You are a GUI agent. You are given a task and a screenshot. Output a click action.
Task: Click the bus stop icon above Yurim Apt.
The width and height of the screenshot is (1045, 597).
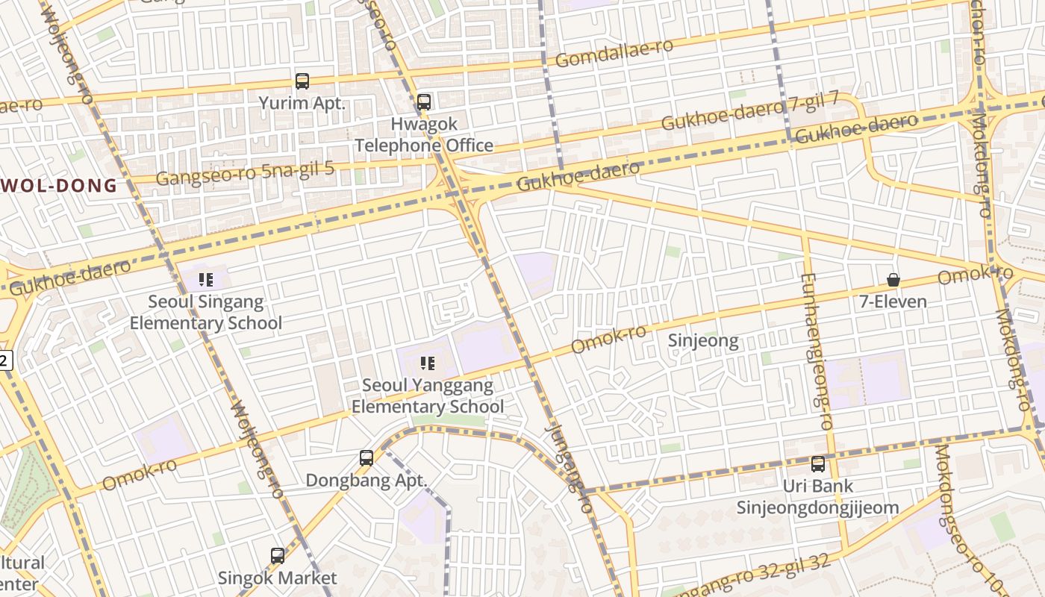(302, 81)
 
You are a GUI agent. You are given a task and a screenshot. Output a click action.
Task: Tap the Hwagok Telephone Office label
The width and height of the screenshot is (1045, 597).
(423, 135)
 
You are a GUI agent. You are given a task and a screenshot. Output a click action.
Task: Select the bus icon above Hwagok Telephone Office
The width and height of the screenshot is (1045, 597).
(424, 101)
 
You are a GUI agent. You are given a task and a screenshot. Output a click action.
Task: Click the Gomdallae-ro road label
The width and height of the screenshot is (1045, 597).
(614, 52)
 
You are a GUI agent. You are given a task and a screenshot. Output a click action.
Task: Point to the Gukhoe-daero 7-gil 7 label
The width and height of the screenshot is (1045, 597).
(749, 110)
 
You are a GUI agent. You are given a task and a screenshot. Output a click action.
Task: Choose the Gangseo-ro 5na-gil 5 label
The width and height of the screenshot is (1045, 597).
(245, 172)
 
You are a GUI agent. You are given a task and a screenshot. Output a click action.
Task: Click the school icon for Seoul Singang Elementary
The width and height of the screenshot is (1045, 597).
(206, 280)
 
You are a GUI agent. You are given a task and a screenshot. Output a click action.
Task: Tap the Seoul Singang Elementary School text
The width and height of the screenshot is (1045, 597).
(206, 313)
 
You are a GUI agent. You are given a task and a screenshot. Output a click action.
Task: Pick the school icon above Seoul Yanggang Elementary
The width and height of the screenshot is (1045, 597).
(428, 363)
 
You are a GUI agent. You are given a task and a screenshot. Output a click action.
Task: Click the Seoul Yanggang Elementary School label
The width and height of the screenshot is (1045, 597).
(428, 396)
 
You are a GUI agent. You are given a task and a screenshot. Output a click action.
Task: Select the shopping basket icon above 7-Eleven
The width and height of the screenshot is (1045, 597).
(893, 280)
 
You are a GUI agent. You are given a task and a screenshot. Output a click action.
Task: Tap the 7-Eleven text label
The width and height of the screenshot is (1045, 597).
(893, 301)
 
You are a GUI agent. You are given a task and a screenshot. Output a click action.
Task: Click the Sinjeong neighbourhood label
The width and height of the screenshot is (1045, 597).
(702, 341)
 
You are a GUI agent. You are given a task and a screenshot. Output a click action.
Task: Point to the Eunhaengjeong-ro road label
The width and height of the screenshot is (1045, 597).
(816, 351)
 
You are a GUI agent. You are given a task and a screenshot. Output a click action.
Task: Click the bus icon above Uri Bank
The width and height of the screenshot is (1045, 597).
(818, 464)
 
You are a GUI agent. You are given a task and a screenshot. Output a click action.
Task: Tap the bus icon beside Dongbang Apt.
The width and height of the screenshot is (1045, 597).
(366, 458)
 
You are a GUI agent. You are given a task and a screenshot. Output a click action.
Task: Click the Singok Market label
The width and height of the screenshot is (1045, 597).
(277, 578)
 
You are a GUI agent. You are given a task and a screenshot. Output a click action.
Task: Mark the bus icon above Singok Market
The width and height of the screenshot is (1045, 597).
(278, 555)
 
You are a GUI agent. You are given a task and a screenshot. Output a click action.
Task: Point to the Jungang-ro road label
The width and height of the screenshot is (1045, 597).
(569, 467)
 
